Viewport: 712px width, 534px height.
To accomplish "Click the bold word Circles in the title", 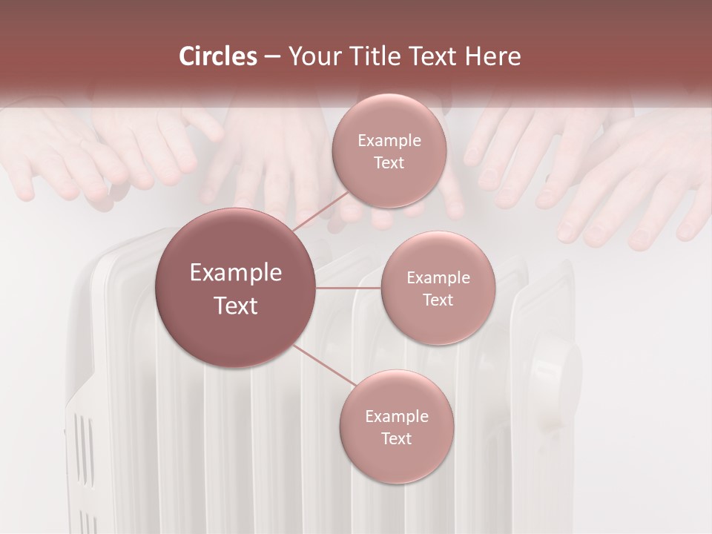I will click(x=217, y=56).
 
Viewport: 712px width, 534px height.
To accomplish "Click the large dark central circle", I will click(x=235, y=288).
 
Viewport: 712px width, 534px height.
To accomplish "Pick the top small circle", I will click(x=389, y=151).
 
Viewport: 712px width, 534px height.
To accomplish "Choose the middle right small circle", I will click(x=438, y=288).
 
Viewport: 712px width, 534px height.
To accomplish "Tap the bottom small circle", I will click(x=396, y=426).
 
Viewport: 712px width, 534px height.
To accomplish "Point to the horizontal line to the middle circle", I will click(x=348, y=288).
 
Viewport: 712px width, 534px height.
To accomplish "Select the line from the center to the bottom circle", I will click(x=324, y=368).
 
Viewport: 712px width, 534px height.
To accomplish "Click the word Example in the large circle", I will click(x=235, y=273).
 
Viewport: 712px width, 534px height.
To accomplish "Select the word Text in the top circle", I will click(x=389, y=163).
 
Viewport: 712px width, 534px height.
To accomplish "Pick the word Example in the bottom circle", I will click(x=396, y=416).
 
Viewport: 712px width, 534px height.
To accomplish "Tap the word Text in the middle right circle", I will click(x=438, y=300).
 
